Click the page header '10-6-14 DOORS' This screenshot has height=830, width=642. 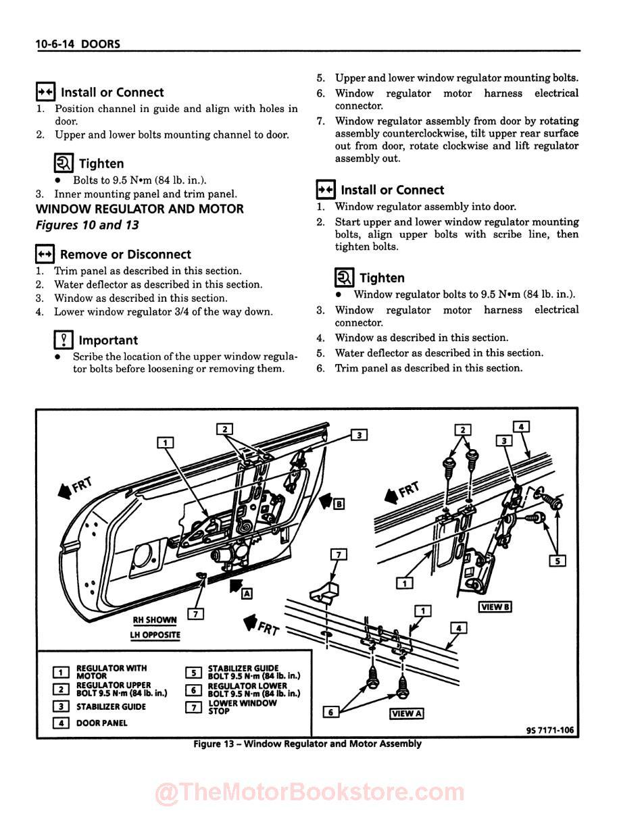pos(78,44)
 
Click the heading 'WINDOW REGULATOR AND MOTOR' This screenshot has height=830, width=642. pos(139,209)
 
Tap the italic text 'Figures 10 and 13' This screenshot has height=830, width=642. pos(87,225)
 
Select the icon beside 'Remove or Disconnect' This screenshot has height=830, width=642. pos(45,255)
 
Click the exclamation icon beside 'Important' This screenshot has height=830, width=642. pos(63,340)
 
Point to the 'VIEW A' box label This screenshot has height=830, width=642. pos(407,714)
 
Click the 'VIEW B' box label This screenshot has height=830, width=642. pos(495,606)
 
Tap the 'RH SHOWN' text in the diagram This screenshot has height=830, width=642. pos(155,620)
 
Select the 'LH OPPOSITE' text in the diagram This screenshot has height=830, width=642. pos(155,635)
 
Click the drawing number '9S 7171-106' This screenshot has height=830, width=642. pos(550,730)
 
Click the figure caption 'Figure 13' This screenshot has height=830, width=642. pos(307,744)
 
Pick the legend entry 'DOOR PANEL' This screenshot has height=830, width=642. pos(101,723)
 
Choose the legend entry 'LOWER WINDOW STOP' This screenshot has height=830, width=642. pos(242,707)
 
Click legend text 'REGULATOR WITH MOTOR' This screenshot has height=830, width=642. pos(111,672)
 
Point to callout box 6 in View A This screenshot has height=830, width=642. pos(330,711)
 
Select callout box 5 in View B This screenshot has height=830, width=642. pos(558,560)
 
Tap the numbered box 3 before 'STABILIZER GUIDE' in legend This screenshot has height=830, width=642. pos(61,706)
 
